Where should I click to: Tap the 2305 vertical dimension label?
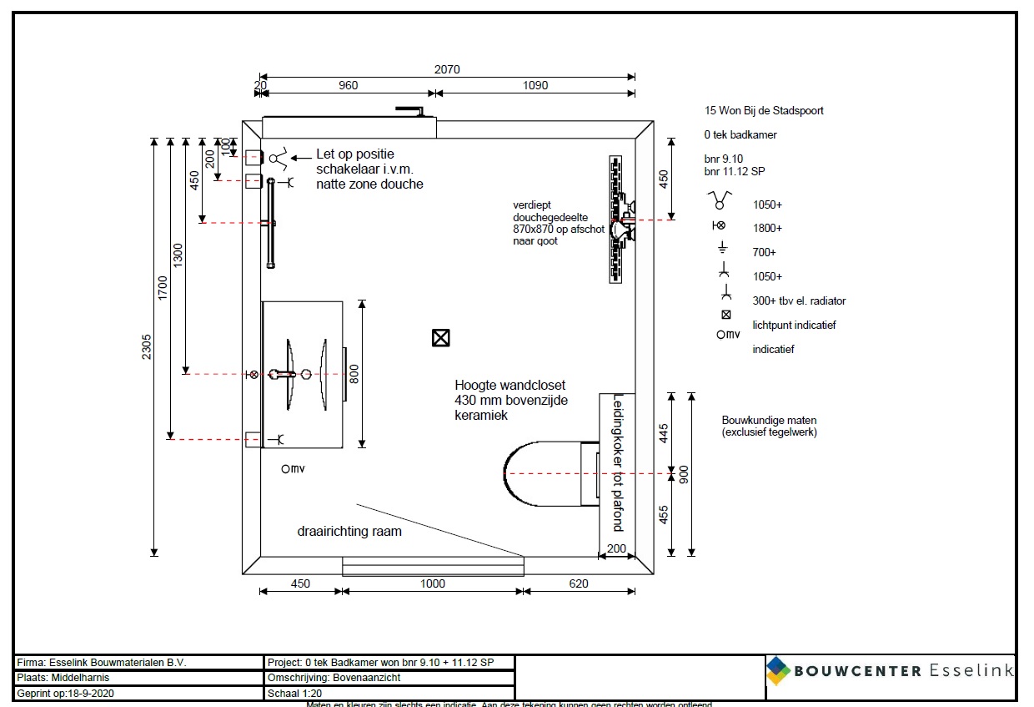click(146, 346)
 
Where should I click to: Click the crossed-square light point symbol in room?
click(440, 337)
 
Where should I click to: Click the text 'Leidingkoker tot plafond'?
click(618, 463)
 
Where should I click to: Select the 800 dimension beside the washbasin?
click(354, 374)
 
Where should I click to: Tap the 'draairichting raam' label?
click(349, 531)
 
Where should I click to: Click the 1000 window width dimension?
click(432, 584)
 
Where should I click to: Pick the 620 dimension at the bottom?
click(579, 584)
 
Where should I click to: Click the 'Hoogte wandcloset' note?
click(509, 399)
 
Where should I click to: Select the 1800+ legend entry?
click(766, 228)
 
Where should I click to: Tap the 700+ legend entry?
click(764, 252)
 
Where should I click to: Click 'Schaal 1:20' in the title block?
click(295, 693)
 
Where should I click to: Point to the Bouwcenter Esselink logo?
click(890, 670)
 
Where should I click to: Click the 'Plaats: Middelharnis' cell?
click(63, 678)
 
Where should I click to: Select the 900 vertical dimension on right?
click(685, 474)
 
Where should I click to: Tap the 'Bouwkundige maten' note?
click(769, 426)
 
